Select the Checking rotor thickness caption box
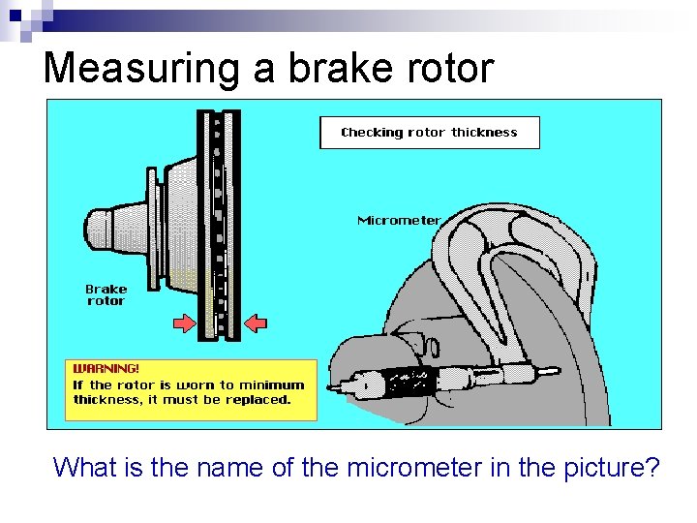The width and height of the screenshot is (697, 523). pyautogui.click(x=430, y=133)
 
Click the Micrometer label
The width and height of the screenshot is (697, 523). pyautogui.click(x=399, y=221)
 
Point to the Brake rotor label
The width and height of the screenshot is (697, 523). pyautogui.click(x=106, y=294)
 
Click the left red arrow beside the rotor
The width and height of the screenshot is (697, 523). pyautogui.click(x=183, y=323)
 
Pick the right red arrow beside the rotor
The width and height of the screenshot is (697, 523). pyautogui.click(x=256, y=323)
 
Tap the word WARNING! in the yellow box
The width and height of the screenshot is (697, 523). pyautogui.click(x=106, y=369)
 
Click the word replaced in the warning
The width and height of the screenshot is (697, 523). pyautogui.click(x=258, y=399)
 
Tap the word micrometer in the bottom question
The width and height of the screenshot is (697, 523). pyautogui.click(x=430, y=468)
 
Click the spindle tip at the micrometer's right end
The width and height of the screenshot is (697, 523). pyautogui.click(x=550, y=371)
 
